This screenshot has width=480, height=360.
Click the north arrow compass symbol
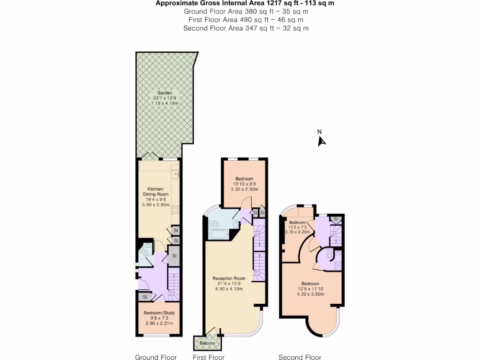(x=321, y=140)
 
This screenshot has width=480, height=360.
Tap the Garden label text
(x=158, y=93)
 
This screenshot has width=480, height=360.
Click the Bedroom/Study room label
(x=158, y=313)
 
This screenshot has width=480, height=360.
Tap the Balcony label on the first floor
(x=207, y=344)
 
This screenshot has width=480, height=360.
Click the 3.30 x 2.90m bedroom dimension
(x=244, y=189)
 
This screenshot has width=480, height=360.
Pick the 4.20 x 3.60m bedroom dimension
(x=310, y=294)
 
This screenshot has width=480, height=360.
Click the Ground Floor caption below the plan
(x=156, y=357)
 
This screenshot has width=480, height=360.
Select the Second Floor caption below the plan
(x=300, y=357)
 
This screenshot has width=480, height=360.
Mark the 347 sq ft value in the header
(x=257, y=28)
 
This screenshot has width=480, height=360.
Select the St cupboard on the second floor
(x=335, y=219)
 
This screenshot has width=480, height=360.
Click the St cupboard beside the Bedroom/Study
(x=145, y=297)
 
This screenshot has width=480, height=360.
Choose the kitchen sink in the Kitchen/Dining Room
(x=176, y=174)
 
